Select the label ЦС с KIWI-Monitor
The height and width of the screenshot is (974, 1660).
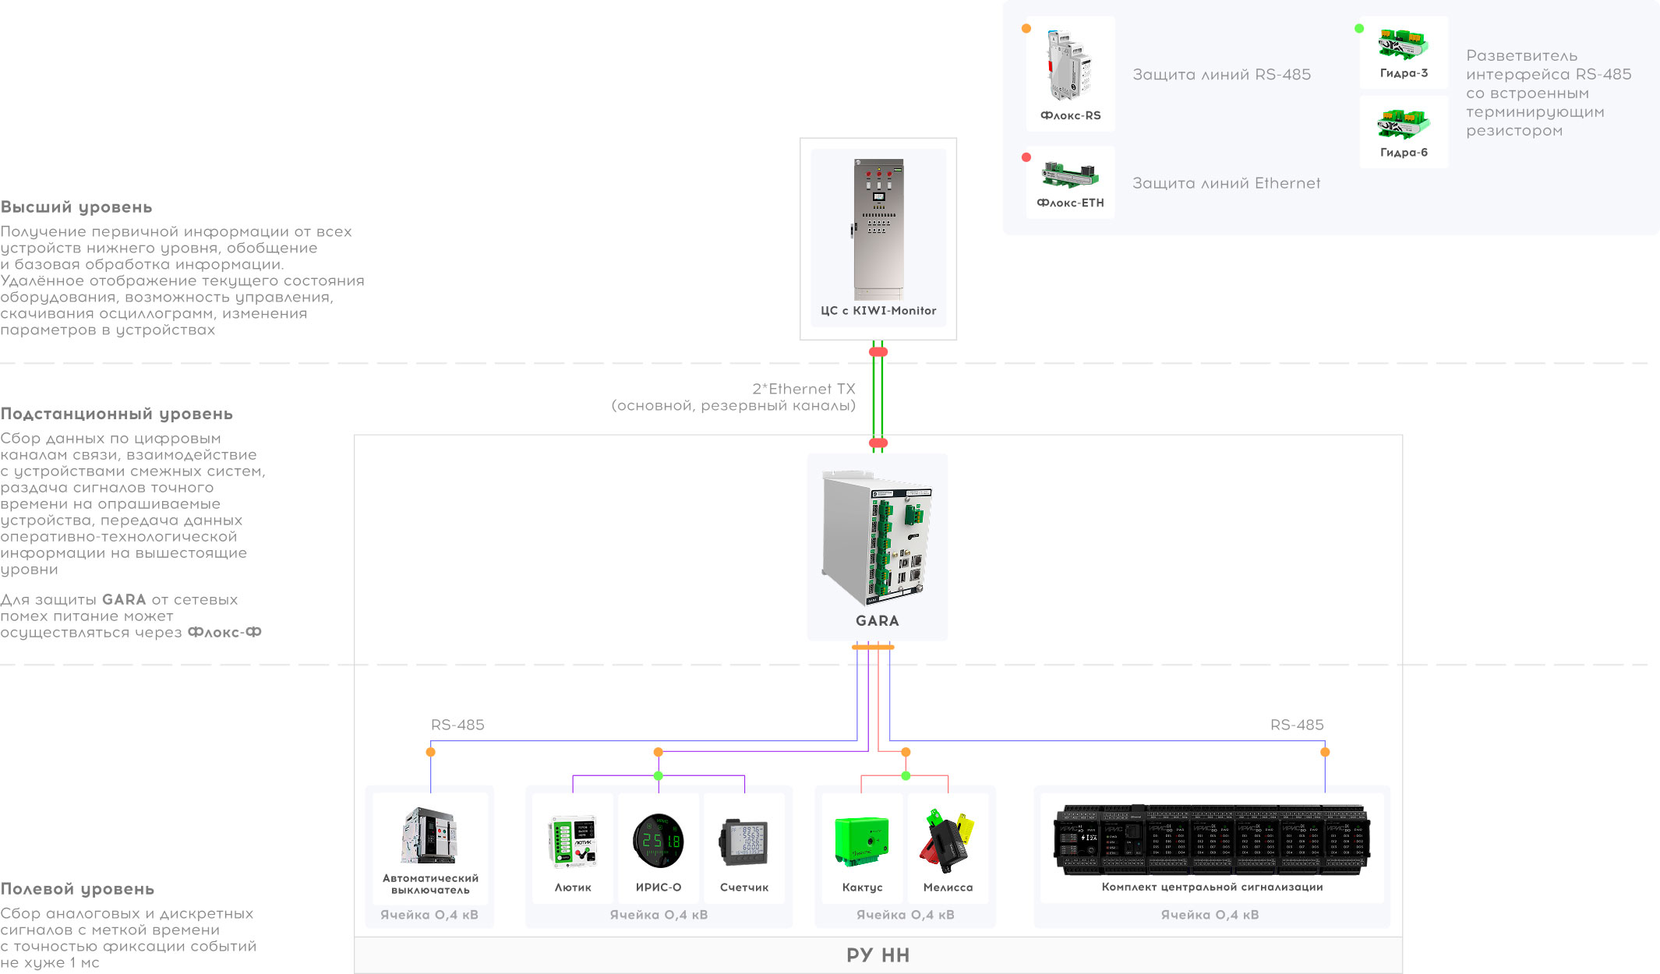[x=878, y=310]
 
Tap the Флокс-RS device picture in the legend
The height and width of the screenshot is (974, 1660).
[x=1069, y=66]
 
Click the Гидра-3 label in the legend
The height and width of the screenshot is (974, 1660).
[x=1404, y=73]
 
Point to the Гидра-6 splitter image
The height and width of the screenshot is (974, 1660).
[x=1404, y=124]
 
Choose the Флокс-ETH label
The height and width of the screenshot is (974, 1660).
[x=1070, y=203]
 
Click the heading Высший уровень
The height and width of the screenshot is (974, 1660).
[x=76, y=207]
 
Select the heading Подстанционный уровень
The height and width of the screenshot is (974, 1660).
[x=117, y=414]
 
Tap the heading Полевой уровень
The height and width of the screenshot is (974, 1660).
[x=77, y=889]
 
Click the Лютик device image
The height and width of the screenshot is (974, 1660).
[x=573, y=842]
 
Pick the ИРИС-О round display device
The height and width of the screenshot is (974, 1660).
[x=659, y=841]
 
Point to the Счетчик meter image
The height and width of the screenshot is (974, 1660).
[x=744, y=842]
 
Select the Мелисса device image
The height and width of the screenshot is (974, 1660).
[x=948, y=842]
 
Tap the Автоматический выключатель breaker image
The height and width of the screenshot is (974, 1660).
[x=429, y=836]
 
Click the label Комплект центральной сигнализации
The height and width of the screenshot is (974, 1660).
[x=1212, y=887]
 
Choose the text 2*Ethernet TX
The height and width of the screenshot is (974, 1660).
[x=804, y=389]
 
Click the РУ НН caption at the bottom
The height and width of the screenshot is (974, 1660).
[x=878, y=955]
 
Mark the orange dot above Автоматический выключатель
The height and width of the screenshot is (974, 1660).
[x=430, y=752]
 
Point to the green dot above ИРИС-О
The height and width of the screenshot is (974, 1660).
[x=659, y=776]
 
